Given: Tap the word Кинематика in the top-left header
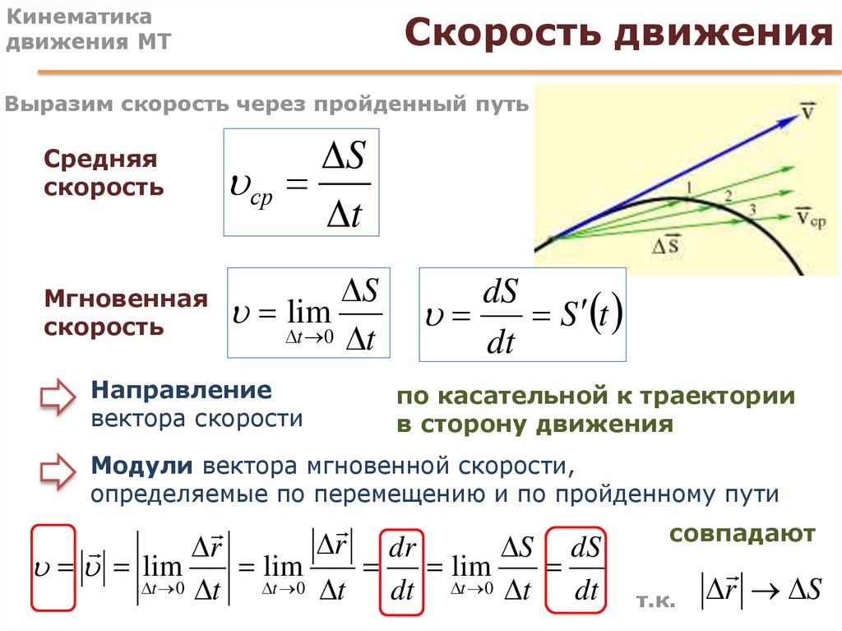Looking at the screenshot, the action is (79, 16).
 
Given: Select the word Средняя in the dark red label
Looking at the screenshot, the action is (100, 160).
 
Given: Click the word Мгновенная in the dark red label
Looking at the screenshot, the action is (126, 299).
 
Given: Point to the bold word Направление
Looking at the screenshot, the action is (182, 390).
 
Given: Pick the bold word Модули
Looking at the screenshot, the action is (141, 466).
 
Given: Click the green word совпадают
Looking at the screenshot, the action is (743, 534).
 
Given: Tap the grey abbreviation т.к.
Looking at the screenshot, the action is (655, 601).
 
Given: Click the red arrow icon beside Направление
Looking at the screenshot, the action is (58, 397).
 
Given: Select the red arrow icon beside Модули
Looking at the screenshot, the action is (58, 472).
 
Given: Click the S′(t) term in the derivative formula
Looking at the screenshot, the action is (591, 313).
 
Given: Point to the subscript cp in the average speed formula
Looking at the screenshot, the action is (261, 197).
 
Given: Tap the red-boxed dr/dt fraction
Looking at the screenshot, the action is (401, 570).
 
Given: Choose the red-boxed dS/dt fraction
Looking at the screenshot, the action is (576, 570).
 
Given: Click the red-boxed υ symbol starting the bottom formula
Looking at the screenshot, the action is (53, 568).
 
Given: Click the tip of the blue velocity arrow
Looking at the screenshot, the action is (799, 115).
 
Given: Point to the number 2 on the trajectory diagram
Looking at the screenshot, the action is (728, 197).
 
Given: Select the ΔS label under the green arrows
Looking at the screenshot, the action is (666, 244).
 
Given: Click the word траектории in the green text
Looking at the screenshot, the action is (717, 396).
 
